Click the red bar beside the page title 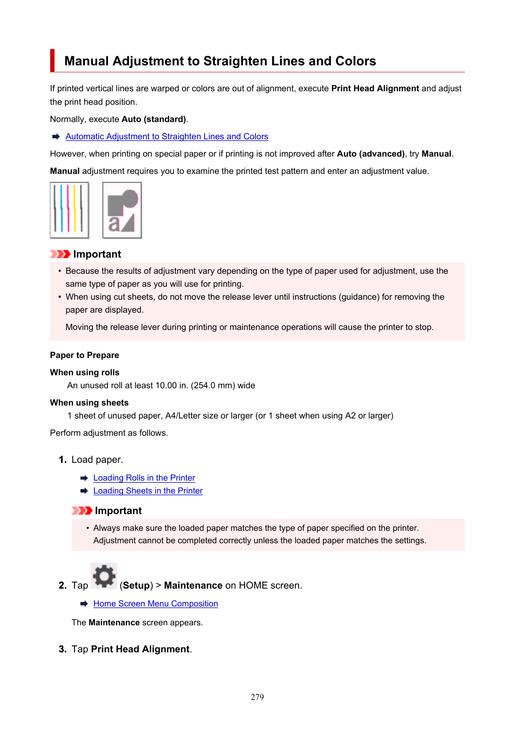pyautogui.click(x=52, y=60)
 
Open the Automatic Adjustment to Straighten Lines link pyautogui.click(x=167, y=137)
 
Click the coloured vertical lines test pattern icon pyautogui.click(x=69, y=210)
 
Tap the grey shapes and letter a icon pyautogui.click(x=122, y=210)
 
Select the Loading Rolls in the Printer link pyautogui.click(x=144, y=478)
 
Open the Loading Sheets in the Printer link pyautogui.click(x=148, y=491)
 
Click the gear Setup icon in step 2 pyautogui.click(x=104, y=576)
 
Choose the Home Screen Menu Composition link pyautogui.click(x=155, y=604)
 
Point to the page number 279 pyautogui.click(x=257, y=697)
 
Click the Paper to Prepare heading pyautogui.click(x=84, y=355)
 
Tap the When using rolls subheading pyautogui.click(x=85, y=373)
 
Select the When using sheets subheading pyautogui.click(x=89, y=403)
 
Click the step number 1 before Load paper pyautogui.click(x=63, y=460)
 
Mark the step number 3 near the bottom pyautogui.click(x=63, y=649)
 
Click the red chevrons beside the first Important pyautogui.click(x=60, y=254)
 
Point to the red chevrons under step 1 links pyautogui.click(x=82, y=511)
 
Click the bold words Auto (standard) pyautogui.click(x=154, y=119)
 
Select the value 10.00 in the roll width pyautogui.click(x=166, y=386)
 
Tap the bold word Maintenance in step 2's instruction pyautogui.click(x=193, y=585)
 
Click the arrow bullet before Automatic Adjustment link pyautogui.click(x=56, y=137)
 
